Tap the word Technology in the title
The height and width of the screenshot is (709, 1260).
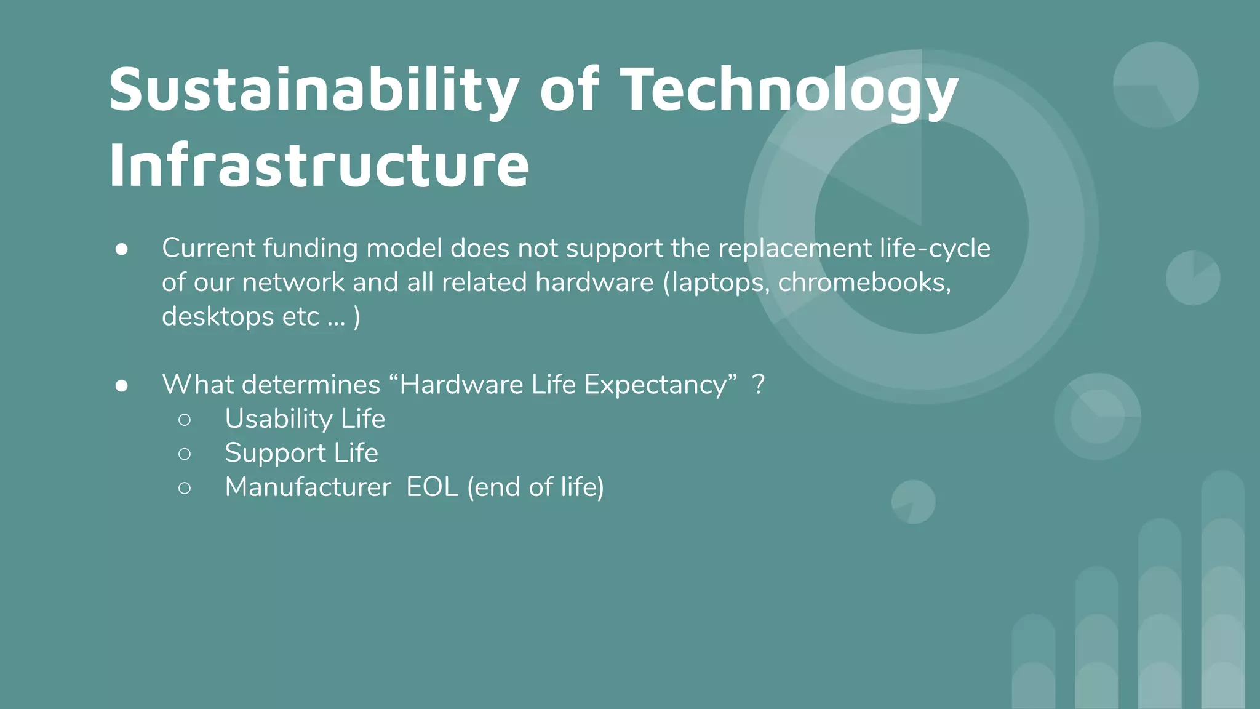(789, 91)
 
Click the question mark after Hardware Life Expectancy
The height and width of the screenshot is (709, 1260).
(759, 385)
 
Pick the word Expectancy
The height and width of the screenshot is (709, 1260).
(655, 385)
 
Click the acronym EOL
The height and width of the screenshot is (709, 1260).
(432, 487)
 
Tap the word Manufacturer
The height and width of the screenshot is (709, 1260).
(308, 487)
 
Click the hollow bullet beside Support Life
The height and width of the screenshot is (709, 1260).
(185, 454)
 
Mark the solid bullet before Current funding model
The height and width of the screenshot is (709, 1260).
(122, 249)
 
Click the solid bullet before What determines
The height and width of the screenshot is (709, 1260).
(122, 385)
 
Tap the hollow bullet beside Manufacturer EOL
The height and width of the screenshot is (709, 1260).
(185, 488)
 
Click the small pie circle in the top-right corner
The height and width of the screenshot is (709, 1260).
(1155, 85)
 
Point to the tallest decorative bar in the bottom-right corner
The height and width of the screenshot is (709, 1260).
(1222, 591)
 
